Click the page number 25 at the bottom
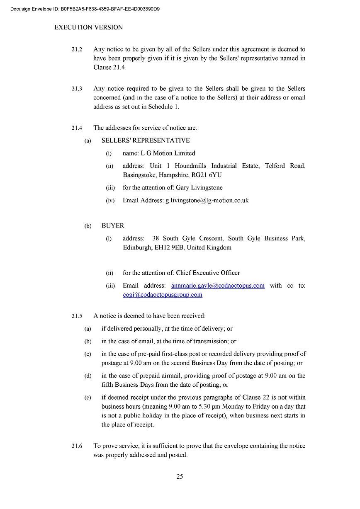(180, 476)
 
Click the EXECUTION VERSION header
(89, 27)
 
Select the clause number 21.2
(77, 49)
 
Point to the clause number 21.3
(77, 89)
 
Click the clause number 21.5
(77, 316)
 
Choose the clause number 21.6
(77, 446)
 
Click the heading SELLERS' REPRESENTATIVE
(146, 141)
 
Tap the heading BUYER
(113, 226)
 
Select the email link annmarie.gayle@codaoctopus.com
(218, 286)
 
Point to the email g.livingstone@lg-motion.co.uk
(207, 200)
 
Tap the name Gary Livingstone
(199, 188)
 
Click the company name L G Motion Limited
(168, 153)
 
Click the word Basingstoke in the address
(139, 175)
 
